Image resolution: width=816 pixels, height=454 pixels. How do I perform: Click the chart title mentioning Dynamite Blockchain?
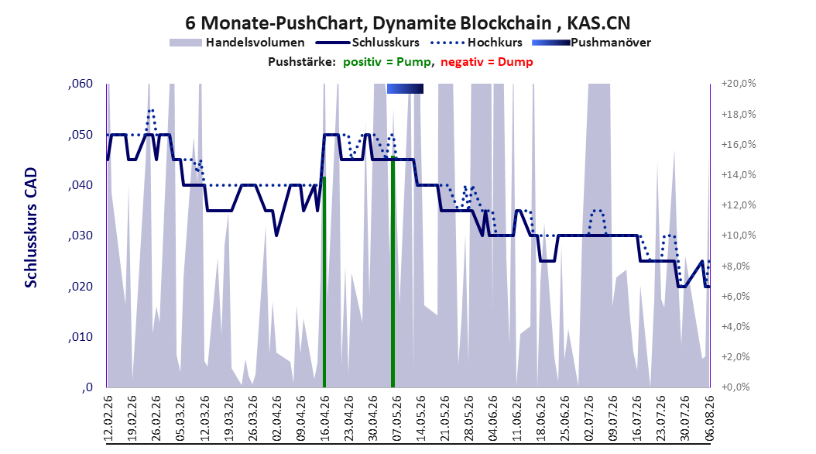click(407, 23)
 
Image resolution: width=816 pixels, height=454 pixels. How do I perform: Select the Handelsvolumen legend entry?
click(238, 43)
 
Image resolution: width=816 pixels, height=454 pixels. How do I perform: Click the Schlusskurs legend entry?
click(368, 43)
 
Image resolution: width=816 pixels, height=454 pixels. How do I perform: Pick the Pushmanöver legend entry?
click(591, 43)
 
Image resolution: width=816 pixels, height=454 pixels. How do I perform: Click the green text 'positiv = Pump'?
click(387, 62)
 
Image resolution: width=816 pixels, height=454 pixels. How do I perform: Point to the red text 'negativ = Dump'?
click(487, 62)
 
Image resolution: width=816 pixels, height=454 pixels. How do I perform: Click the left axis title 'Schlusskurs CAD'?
click(31, 227)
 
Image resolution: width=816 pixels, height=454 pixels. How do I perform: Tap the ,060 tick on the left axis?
click(81, 84)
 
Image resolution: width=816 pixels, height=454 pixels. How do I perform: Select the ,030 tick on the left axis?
click(81, 236)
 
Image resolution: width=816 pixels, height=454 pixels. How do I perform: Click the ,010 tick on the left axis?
click(81, 337)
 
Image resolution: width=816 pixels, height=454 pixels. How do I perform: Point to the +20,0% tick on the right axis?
click(739, 84)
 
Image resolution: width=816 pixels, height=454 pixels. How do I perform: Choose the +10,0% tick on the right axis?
click(739, 236)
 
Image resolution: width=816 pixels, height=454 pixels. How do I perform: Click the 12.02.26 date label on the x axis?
click(108, 418)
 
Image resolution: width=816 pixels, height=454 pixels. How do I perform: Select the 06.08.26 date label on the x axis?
click(709, 418)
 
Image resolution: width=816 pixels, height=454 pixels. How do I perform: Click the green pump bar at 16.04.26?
click(324, 282)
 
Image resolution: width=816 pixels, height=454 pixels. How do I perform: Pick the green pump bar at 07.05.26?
click(393, 272)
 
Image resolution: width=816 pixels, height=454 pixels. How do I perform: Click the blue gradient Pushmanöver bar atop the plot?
click(405, 88)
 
